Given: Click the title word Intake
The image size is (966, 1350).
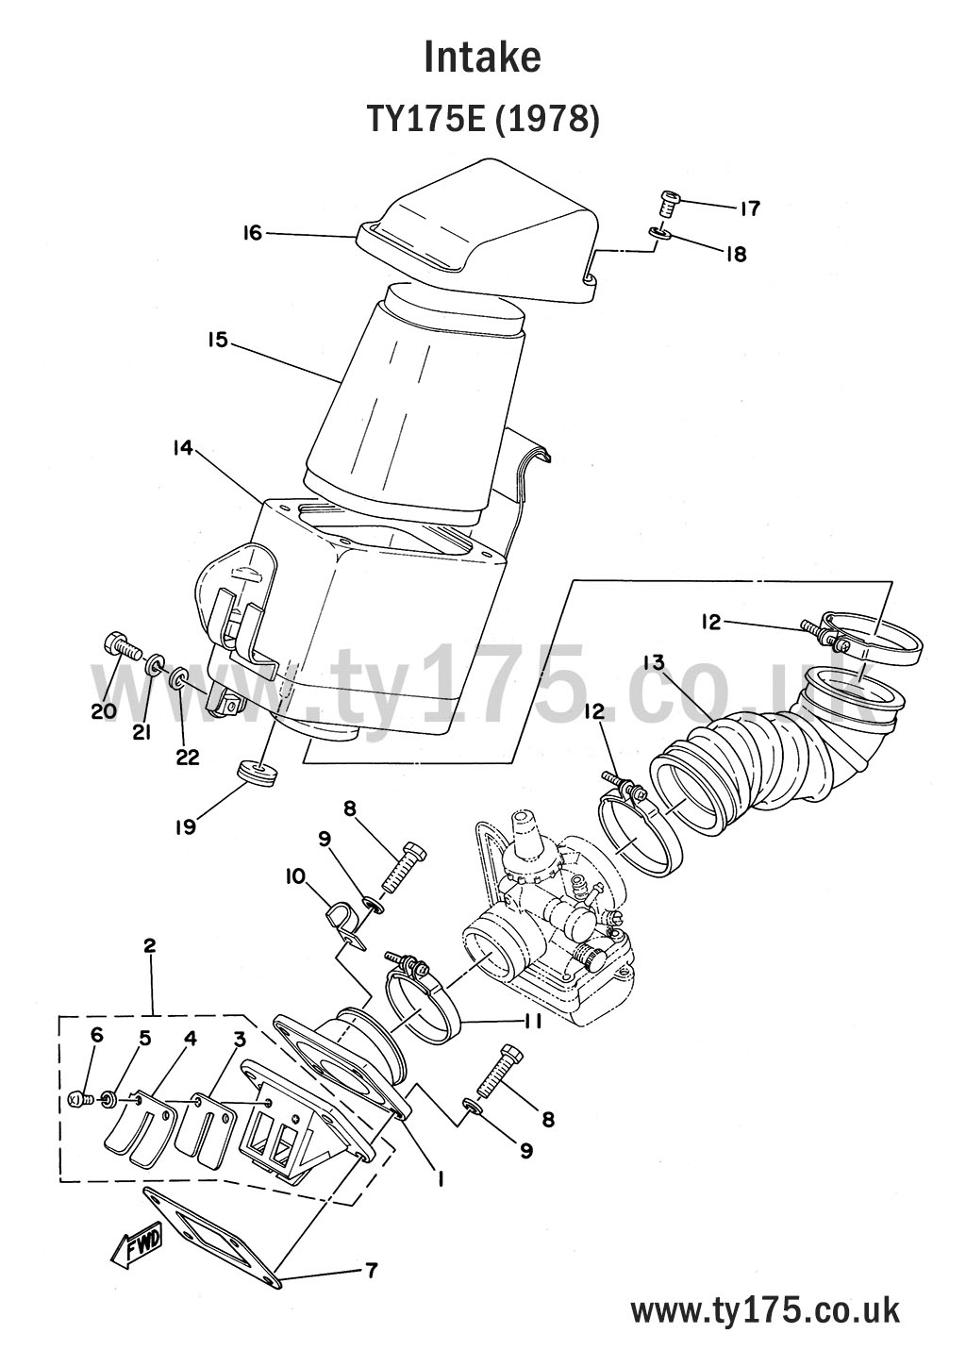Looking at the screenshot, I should click(482, 58).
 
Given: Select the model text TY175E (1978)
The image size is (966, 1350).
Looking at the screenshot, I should click(482, 120).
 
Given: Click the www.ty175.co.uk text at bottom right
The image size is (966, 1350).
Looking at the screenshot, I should click(764, 1310).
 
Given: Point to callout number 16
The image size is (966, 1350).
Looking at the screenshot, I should click(252, 232).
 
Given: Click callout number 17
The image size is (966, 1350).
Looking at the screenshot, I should click(750, 208).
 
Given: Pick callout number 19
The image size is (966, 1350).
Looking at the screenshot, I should click(185, 826).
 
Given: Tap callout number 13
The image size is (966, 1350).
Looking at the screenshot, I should click(654, 663).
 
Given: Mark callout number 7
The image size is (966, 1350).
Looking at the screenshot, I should click(371, 1271).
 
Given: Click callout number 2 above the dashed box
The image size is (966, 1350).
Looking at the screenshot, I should click(149, 945).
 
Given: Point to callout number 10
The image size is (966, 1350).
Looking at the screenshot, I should click(295, 876).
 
